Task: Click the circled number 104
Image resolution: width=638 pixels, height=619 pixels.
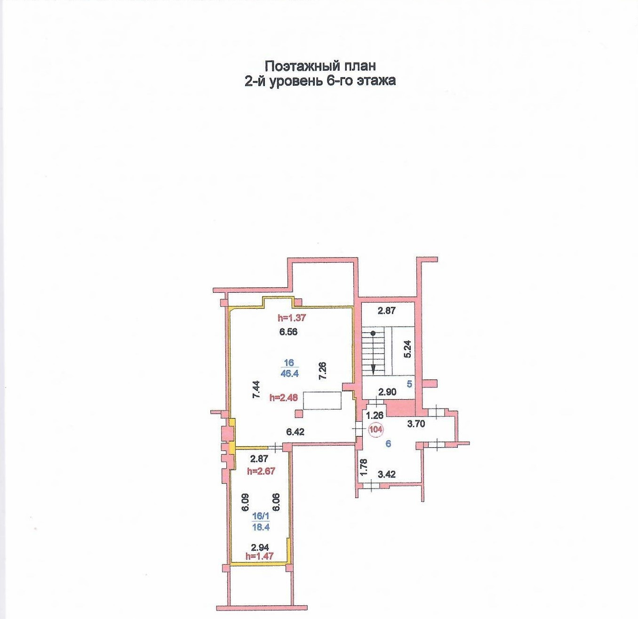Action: (376, 429)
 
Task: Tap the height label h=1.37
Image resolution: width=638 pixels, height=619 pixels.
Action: (292, 318)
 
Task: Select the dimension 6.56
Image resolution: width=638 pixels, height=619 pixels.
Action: (288, 332)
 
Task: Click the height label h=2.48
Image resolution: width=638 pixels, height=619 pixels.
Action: (283, 397)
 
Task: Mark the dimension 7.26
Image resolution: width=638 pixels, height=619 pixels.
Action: (322, 371)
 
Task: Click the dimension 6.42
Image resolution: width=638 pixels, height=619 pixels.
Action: (295, 432)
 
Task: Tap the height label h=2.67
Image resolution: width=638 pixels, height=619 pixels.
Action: (261, 471)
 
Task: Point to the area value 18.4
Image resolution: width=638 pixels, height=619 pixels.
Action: (261, 527)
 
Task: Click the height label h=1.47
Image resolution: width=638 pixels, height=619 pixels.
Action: (260, 556)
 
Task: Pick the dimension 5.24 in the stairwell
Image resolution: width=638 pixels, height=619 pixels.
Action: (407, 349)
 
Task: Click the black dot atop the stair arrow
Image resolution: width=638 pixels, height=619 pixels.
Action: (373, 333)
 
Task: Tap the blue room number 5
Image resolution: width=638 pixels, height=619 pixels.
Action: (409, 384)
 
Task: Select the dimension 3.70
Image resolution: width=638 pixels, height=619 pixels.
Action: (416, 424)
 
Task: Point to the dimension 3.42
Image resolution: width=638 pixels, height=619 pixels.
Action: (387, 474)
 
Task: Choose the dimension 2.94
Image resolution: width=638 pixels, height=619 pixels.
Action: (260, 547)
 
